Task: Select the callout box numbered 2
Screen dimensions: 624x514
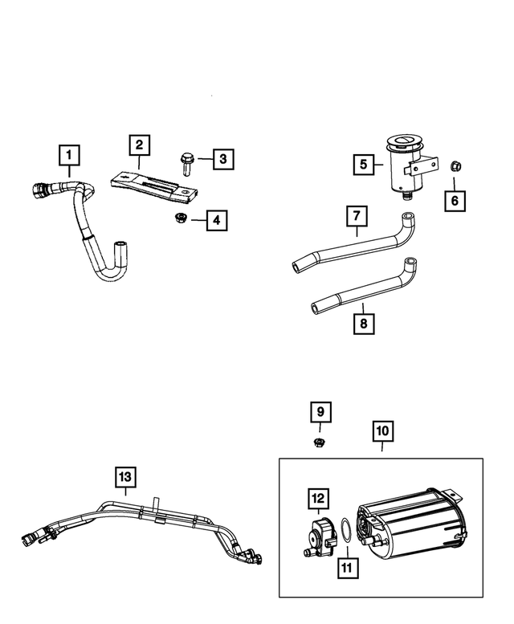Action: coord(139,145)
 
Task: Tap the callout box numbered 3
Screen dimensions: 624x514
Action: coord(222,159)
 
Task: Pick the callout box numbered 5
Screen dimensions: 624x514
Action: coord(364,165)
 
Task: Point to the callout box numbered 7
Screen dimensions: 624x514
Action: coord(357,216)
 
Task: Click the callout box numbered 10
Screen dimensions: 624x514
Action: coord(382,431)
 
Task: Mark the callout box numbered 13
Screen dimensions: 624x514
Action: coord(125,477)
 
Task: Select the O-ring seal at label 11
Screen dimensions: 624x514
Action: coord(341,530)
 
